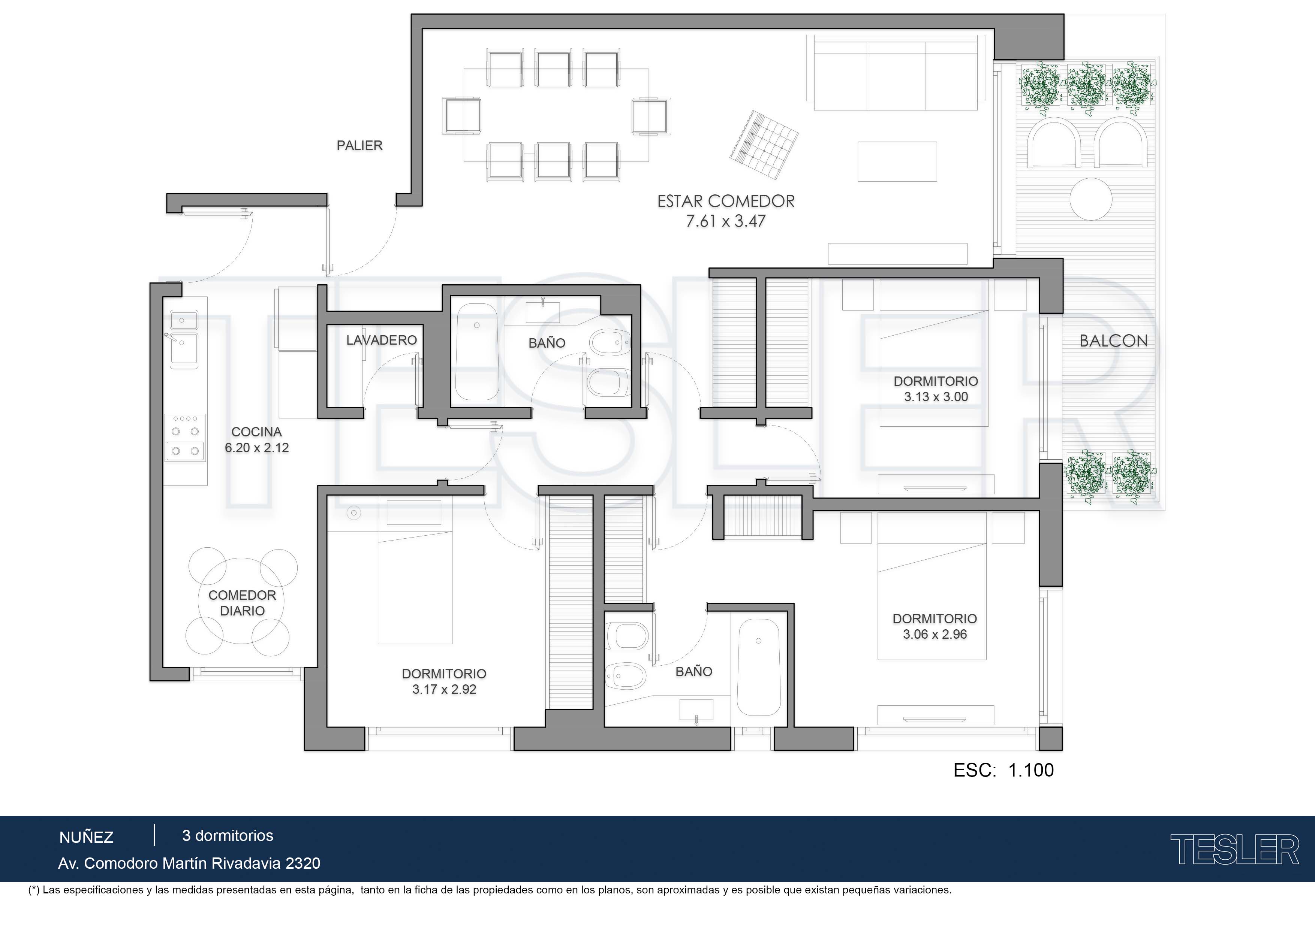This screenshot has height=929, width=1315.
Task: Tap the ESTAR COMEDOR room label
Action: coord(726,202)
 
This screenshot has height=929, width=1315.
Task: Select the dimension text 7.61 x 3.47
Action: coord(726,221)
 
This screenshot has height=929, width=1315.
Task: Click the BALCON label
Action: coord(1113,341)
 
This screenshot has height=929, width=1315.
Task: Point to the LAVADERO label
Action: coord(382,340)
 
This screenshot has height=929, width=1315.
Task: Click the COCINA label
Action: coord(256,432)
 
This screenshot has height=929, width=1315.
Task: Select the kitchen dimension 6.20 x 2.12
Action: coord(256,448)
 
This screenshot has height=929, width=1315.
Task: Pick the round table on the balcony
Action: coord(1091,199)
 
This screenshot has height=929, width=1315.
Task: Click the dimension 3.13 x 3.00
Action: coord(936,397)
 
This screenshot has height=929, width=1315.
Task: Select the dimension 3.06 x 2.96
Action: coord(935,634)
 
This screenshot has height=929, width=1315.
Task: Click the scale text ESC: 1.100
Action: coord(1003,770)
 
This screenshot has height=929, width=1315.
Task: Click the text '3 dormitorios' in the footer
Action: coord(228,836)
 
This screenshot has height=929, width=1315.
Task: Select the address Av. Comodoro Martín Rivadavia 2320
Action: coord(189,863)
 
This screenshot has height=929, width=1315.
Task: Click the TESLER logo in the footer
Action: coord(1234,850)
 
